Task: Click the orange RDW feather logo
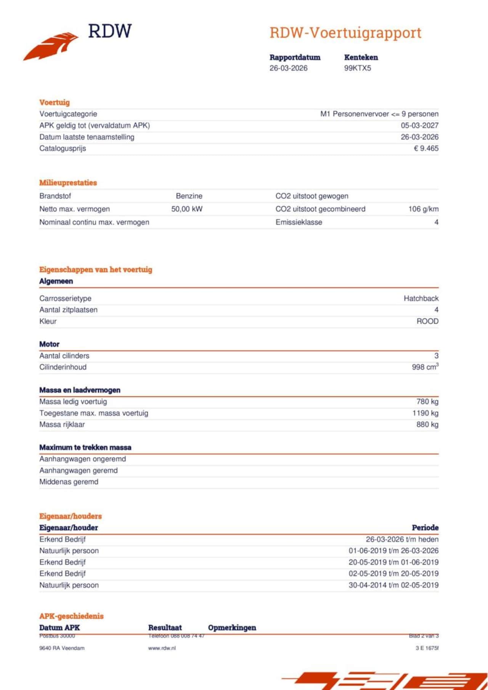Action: coord(51,46)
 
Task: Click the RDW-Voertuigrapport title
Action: coord(345,33)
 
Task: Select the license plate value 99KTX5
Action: coord(357,68)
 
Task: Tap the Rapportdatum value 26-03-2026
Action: coord(288,68)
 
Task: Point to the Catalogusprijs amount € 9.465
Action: coord(426,148)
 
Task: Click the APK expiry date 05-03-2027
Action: coord(419,125)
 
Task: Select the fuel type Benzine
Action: coord(189,196)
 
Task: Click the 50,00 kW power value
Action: coord(187,209)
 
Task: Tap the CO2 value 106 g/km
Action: coord(423,209)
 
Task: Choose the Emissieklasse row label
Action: coord(299,222)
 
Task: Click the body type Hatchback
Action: coord(421,298)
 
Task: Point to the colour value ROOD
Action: coord(427,321)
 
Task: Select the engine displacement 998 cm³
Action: coord(425,367)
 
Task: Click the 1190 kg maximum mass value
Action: coord(425,413)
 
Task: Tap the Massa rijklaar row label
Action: coord(62,424)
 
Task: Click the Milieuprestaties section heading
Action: coord(68,182)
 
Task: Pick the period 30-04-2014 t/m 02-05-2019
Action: coord(393,585)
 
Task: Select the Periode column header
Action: coord(425,527)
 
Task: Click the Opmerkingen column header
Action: coord(232,627)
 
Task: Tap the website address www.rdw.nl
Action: coord(162,648)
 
